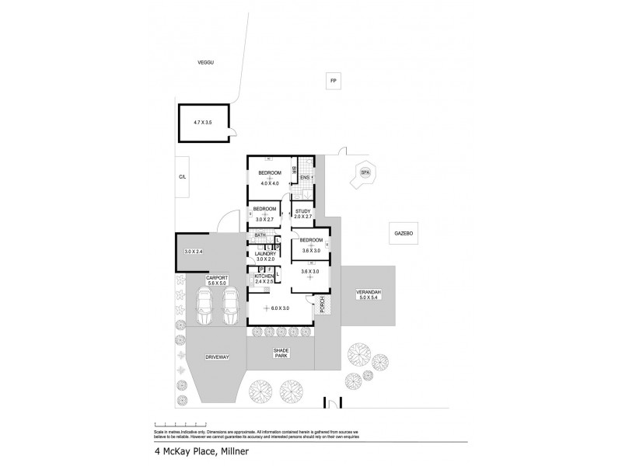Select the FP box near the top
tap(333, 81)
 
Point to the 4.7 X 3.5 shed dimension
tap(203, 123)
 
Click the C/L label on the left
tap(183, 178)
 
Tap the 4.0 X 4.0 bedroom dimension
tap(270, 183)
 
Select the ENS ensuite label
tap(305, 178)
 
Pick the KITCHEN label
tap(264, 276)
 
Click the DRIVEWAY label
tap(217, 356)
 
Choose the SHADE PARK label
tap(281, 353)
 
